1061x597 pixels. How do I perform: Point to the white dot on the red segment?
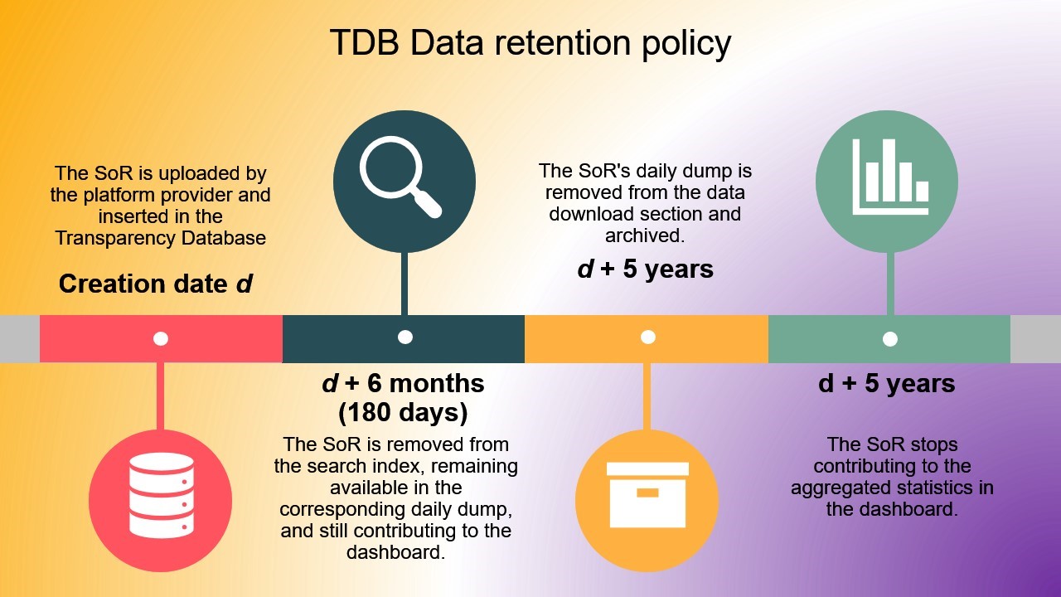(161, 338)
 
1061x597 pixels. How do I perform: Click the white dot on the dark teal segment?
(405, 337)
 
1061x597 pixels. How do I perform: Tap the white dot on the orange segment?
(648, 337)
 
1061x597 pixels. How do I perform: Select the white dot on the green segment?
(890, 338)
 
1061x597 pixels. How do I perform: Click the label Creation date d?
(155, 284)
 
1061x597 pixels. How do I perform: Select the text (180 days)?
(403, 411)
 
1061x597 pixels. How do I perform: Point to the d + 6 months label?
(403, 384)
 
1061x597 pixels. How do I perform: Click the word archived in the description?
(643, 235)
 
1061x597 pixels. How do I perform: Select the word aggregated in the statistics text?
(844, 488)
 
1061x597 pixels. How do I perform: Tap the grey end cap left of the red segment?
(19, 338)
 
